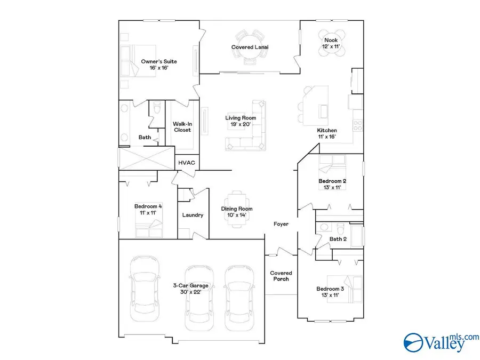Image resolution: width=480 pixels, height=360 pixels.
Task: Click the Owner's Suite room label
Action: [159, 65]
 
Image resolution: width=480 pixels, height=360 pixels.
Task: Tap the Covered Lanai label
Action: [250, 47]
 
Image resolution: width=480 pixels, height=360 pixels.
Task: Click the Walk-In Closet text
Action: [182, 127]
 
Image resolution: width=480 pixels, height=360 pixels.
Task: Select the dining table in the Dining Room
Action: [237, 209]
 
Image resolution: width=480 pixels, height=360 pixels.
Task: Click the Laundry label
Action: [193, 215]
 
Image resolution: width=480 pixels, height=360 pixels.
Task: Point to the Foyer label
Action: [281, 224]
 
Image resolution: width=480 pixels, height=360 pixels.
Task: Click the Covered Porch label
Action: [281, 276]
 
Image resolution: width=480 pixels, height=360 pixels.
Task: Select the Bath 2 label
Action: [338, 239]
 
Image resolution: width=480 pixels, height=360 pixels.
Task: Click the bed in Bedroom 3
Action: [350, 288]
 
